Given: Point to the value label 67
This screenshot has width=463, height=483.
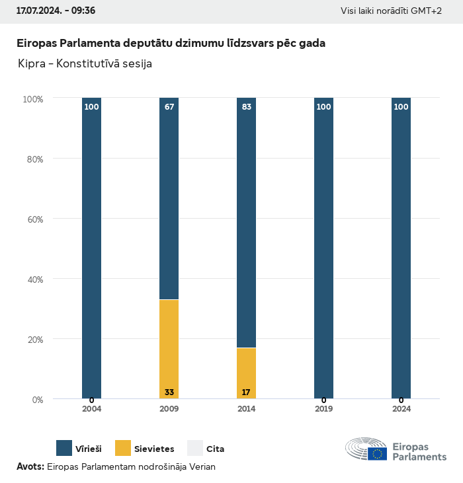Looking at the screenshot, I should pos(169,107).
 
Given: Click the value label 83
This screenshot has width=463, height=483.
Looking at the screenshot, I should pos(247,107).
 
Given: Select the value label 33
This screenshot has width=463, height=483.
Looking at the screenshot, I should pos(169,392).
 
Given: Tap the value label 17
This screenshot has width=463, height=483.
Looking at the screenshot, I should pos(246,392).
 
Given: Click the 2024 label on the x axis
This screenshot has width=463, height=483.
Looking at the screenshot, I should pos(401,409).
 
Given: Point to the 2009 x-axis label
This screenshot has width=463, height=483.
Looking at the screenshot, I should pos(169,409).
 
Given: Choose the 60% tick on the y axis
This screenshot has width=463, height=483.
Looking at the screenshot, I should pos(33,219).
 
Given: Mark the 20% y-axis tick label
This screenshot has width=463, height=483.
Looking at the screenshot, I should pos(33,340).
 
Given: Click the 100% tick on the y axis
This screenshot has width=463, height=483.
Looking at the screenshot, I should pos(32,99).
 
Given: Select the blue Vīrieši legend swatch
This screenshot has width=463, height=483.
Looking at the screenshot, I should pos(64,449).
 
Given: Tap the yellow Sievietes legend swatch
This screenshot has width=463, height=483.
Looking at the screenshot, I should pos(123,449).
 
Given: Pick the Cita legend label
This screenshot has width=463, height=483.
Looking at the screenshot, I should pos(215,449).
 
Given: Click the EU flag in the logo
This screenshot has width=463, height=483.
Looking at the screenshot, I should pos(378,453).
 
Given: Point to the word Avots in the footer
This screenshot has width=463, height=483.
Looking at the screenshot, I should pos(30,466).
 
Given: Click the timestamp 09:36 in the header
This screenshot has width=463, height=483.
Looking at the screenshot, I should pos(83,11).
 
